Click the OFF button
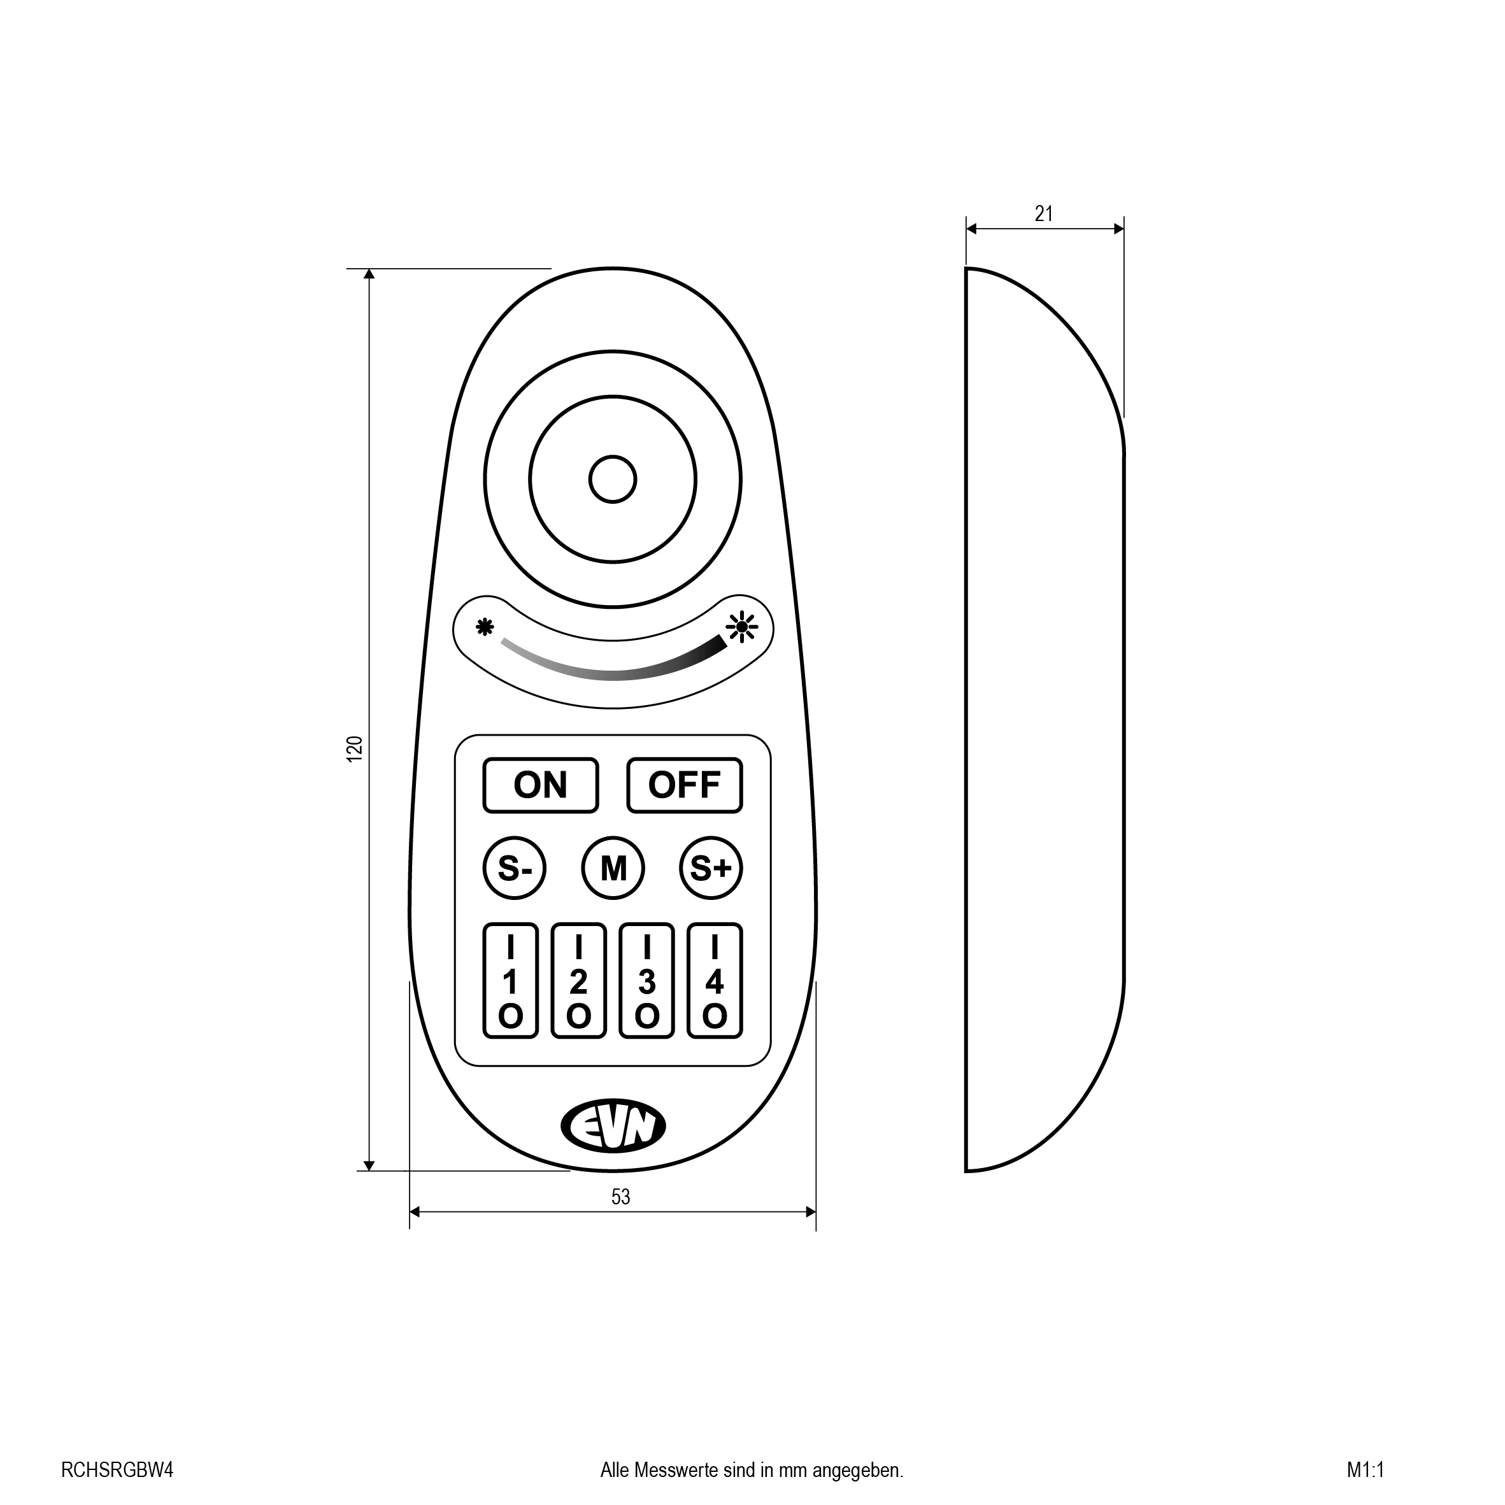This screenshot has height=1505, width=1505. [x=685, y=785]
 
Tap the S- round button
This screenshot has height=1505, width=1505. [x=514, y=868]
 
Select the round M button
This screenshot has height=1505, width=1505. [x=613, y=868]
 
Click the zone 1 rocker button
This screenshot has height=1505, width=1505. [x=511, y=981]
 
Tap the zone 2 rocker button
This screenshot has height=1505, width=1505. [x=579, y=981]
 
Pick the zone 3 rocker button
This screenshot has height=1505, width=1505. [x=646, y=981]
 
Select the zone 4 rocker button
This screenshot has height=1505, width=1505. [x=715, y=981]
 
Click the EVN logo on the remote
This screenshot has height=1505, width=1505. [x=613, y=1125]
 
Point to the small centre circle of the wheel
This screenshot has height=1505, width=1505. [x=613, y=479]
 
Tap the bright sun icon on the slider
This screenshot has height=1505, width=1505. [x=741, y=626]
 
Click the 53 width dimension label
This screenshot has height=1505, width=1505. [x=620, y=1197]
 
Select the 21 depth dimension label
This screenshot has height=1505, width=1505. [x=1044, y=213]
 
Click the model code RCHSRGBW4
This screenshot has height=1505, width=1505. [x=117, y=1470]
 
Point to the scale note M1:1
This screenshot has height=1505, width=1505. [x=1366, y=1470]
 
